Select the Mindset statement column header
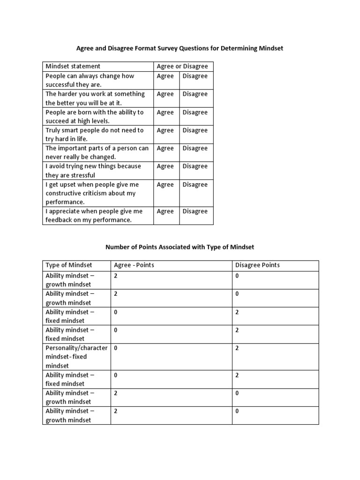pyautogui.click(x=73, y=67)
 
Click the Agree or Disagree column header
pyautogui.click(x=182, y=67)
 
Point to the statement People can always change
pyautogui.click(x=90, y=76)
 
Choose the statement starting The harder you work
pyautogui.click(x=95, y=94)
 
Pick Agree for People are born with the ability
pyautogui.click(x=165, y=112)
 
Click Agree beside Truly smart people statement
pyautogui.click(x=165, y=130)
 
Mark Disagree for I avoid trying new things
pyautogui.click(x=195, y=166)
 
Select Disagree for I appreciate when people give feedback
pyautogui.click(x=195, y=211)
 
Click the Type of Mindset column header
pyautogui.click(x=69, y=265)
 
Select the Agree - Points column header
pyautogui.click(x=134, y=265)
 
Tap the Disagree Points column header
pyautogui.click(x=257, y=265)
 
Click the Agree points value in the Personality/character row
pyautogui.click(x=116, y=348)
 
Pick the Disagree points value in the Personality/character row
pyautogui.click(x=237, y=348)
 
